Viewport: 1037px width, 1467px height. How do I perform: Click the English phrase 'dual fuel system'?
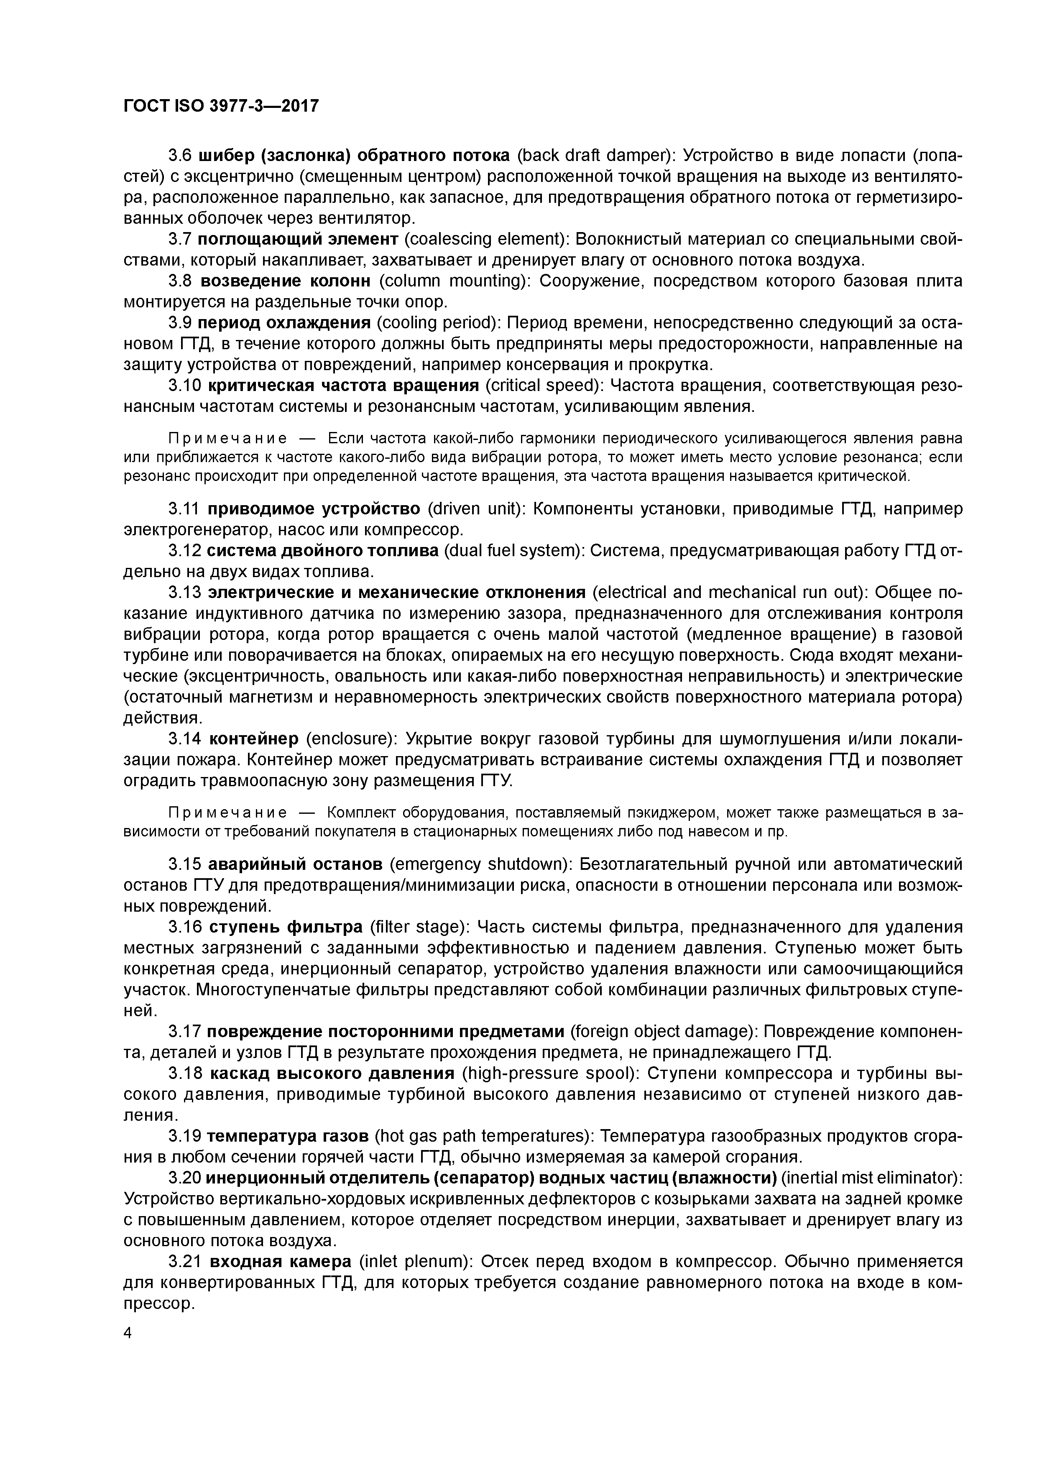(511, 551)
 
